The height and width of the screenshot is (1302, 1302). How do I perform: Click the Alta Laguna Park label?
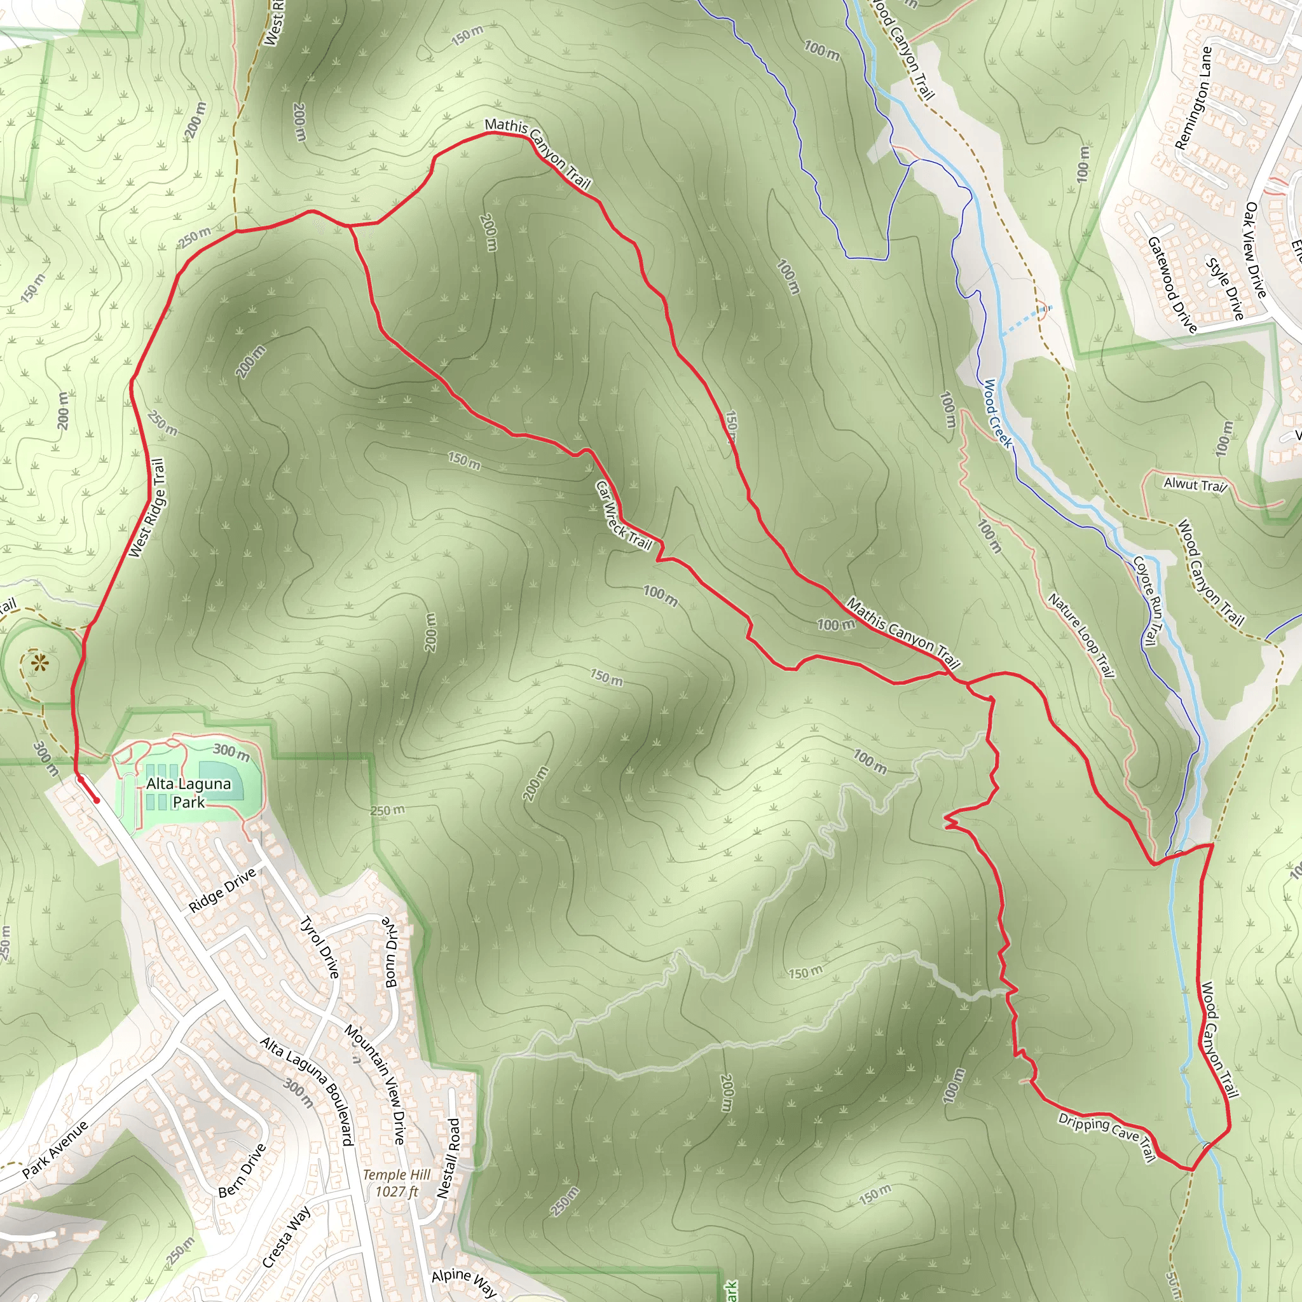(x=189, y=793)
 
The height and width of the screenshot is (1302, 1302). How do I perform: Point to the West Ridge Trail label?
(x=147, y=508)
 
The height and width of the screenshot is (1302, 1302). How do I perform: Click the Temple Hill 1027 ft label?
(x=397, y=1183)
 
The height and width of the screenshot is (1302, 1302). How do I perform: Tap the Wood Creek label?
(x=997, y=414)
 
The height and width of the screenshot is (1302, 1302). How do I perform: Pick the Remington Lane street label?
(x=1193, y=98)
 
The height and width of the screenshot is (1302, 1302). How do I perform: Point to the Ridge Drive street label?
(x=223, y=889)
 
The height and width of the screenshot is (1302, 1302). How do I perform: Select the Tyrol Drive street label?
(x=319, y=947)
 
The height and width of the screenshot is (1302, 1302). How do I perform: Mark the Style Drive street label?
(x=1225, y=289)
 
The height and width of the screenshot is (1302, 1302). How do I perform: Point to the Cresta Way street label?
(x=287, y=1237)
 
